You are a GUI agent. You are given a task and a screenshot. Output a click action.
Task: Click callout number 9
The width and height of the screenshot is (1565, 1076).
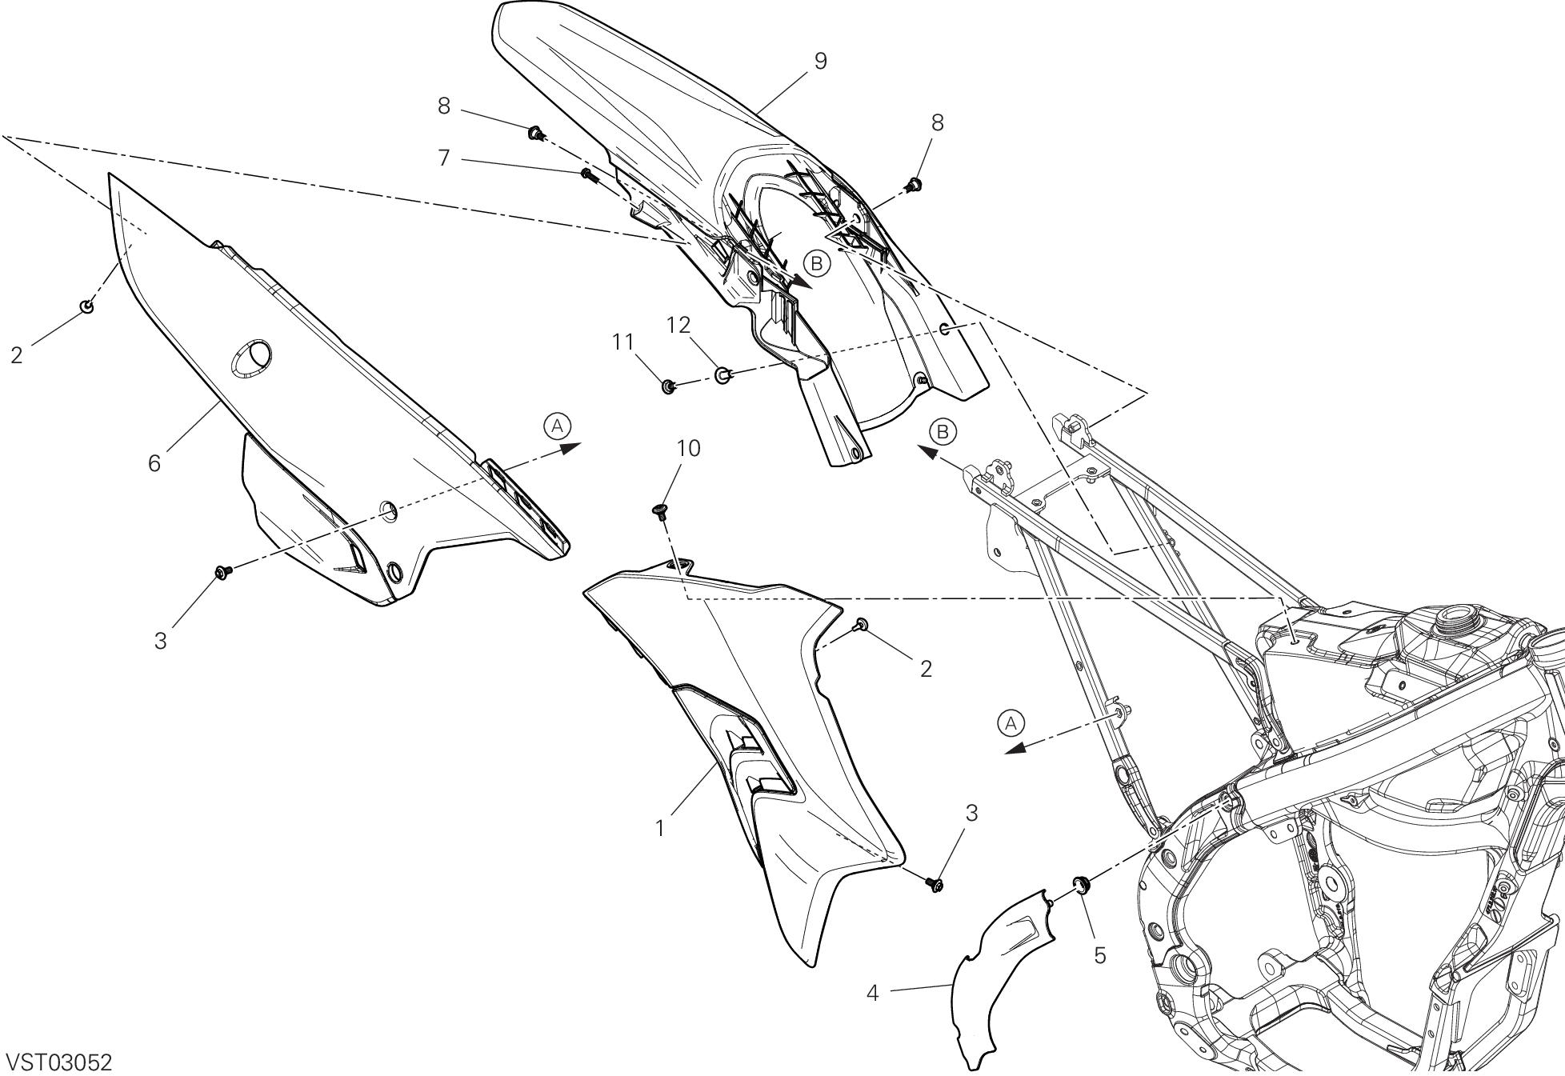pos(819,61)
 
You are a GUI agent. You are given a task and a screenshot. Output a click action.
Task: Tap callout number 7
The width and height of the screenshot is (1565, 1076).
pos(444,158)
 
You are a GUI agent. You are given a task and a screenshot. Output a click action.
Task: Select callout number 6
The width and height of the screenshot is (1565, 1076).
pos(154,462)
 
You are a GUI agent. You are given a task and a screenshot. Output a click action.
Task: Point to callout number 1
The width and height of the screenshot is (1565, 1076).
pos(660,829)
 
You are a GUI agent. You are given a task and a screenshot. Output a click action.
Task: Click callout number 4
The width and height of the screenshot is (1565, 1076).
pos(872,993)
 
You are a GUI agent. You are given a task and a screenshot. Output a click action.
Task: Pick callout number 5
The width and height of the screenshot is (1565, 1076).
pos(1099,954)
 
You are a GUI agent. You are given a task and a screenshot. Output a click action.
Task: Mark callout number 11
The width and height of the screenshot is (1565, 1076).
pos(623,342)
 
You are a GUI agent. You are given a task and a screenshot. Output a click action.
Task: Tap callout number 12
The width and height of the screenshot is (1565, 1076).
pos(678,325)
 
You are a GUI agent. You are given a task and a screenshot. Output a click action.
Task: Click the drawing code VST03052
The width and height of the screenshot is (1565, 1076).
pos(58,1062)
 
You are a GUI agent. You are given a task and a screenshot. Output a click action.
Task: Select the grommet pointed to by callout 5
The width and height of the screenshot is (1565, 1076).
pos(1079,884)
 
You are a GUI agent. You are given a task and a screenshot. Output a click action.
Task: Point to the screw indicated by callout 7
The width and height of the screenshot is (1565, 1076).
pos(588,174)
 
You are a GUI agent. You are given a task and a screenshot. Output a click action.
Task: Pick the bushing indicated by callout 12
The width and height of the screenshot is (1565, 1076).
pos(722,373)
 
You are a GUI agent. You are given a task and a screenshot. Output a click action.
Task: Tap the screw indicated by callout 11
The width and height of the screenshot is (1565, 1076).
pos(667,387)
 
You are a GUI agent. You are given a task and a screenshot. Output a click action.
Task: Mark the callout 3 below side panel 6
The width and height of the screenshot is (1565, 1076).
pos(161,641)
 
